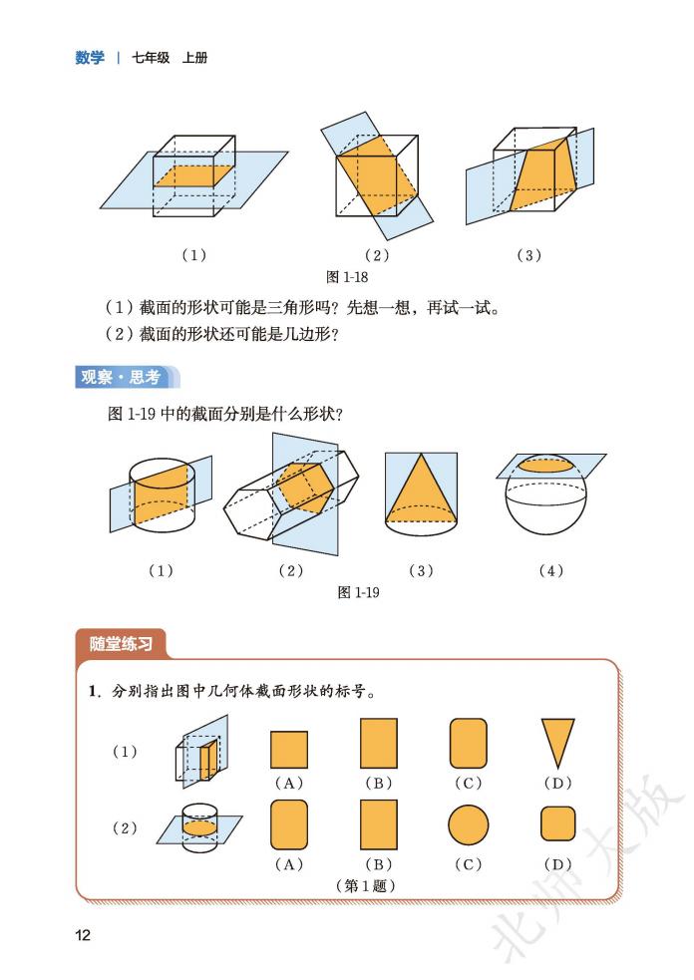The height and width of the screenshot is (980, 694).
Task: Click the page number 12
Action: click(x=83, y=934)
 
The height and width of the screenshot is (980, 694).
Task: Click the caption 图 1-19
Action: click(x=359, y=592)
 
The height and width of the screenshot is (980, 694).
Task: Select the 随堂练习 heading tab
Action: click(x=120, y=644)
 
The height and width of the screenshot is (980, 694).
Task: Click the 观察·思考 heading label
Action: click(x=120, y=377)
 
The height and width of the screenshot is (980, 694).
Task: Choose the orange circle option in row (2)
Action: click(x=468, y=824)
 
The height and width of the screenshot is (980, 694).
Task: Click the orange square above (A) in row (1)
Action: click(x=288, y=748)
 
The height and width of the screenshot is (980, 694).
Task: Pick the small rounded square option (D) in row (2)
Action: click(x=557, y=824)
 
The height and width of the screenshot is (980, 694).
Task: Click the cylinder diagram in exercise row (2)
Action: click(x=200, y=826)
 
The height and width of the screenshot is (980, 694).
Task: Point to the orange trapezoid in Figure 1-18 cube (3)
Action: click(x=543, y=171)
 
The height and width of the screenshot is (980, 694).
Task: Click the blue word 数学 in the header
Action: click(x=89, y=58)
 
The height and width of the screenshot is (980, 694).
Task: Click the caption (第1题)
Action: click(x=364, y=884)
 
